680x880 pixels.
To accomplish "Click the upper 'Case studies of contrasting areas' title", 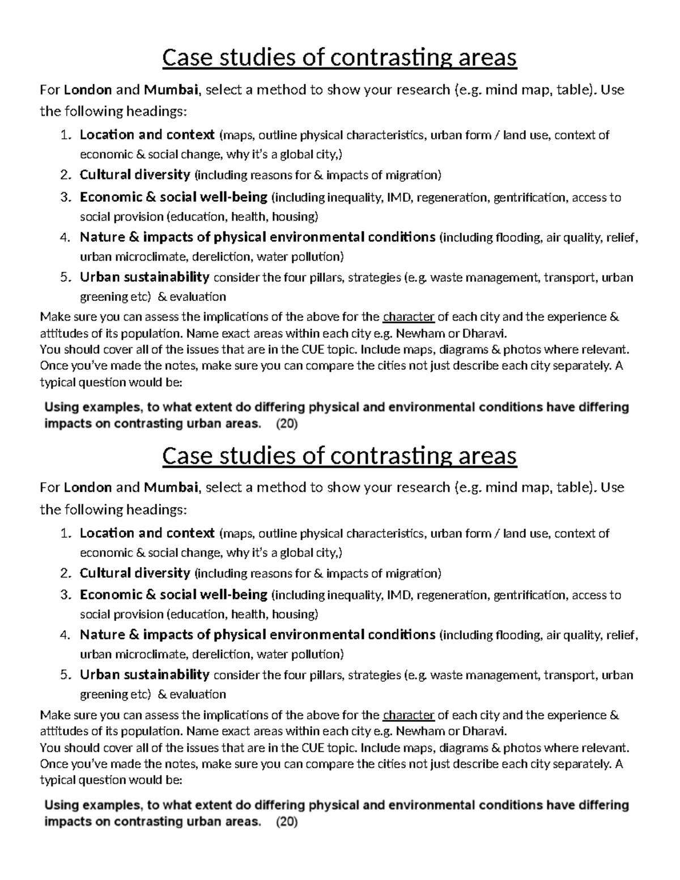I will coord(339,58).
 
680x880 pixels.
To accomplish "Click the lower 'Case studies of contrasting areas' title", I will coord(339,456).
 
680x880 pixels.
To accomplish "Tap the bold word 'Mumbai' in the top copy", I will coord(171,90).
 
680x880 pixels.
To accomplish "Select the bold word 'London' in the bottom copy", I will coord(87,487).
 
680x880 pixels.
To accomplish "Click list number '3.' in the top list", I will coord(66,198).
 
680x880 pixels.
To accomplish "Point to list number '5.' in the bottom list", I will coord(66,675).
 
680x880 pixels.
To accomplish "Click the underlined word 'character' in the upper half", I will coord(409,317).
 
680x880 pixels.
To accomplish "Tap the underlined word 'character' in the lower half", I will coord(409,715).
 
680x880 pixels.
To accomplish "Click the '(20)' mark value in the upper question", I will coord(286,424).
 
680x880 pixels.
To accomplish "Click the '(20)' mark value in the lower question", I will coord(286,822).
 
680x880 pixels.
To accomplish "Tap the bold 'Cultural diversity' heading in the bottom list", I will coord(135,573).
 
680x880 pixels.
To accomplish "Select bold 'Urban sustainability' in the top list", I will coord(144,277).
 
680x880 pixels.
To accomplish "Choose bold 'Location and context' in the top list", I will coord(147,135).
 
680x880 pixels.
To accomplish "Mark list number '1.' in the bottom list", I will coord(66,534).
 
